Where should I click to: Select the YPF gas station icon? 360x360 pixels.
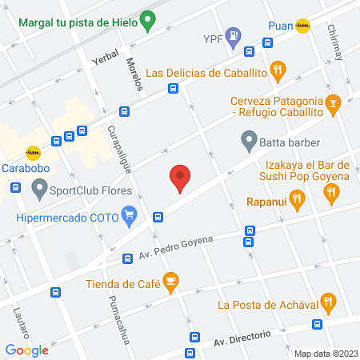[x=233, y=36]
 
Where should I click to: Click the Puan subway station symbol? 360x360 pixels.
[x=302, y=25]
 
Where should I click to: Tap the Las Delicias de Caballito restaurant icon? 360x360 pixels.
[x=278, y=70]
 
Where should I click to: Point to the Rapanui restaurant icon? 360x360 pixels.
[x=297, y=200]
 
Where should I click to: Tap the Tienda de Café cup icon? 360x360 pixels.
[x=170, y=281]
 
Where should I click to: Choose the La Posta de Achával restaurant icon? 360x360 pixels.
[x=326, y=302]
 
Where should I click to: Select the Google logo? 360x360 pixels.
[x=26, y=350]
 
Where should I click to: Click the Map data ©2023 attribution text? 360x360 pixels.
[x=324, y=354]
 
